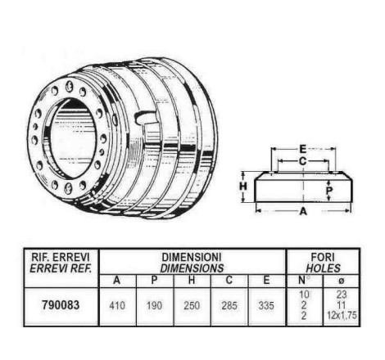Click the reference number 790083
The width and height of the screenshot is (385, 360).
click(x=61, y=305)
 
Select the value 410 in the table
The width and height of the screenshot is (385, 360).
click(x=117, y=305)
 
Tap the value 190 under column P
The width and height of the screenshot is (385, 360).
click(x=154, y=305)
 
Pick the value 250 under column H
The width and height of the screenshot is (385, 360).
click(x=192, y=305)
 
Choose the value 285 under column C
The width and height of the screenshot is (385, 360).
click(x=229, y=305)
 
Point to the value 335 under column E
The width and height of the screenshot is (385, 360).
click(x=266, y=305)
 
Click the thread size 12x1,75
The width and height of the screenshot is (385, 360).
click(x=342, y=316)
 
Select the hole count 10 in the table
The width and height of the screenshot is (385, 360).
click(x=304, y=295)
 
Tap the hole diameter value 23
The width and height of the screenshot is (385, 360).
click(x=342, y=295)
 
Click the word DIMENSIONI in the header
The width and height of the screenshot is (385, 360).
click(x=192, y=257)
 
